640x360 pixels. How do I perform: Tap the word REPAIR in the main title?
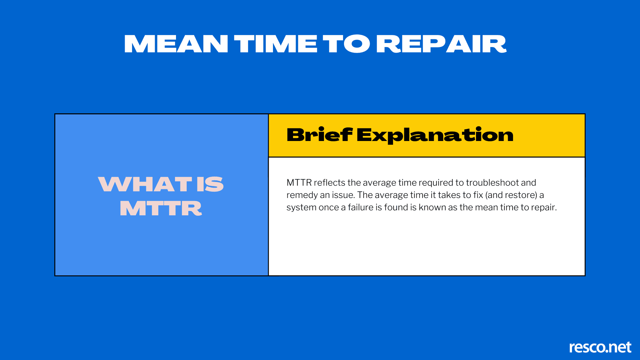pos(441,44)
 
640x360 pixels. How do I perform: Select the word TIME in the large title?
pos(276,44)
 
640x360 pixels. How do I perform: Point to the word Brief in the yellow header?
pos(319,135)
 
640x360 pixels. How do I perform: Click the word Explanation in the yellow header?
pos(435,135)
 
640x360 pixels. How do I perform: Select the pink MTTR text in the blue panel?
pos(161,208)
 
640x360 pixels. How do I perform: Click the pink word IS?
pos(210,184)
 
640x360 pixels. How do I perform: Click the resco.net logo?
pos(600,347)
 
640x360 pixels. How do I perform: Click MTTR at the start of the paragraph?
pos(299,183)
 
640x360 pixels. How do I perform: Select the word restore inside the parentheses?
pos(523,195)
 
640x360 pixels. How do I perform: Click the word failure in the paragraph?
pos(361,207)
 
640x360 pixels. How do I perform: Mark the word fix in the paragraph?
pos(478,195)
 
